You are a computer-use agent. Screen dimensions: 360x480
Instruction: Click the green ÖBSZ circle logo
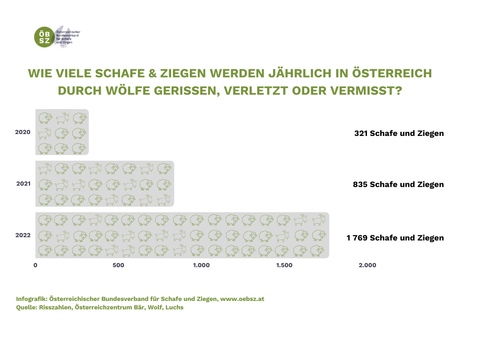click(x=45, y=37)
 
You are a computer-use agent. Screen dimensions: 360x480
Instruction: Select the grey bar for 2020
click(x=62, y=132)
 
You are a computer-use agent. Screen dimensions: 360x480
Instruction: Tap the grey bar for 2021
click(x=105, y=184)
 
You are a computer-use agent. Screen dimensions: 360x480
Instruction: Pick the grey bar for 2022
click(x=182, y=235)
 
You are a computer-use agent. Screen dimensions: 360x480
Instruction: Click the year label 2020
click(x=23, y=132)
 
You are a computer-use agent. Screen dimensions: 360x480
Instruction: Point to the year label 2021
click(x=23, y=184)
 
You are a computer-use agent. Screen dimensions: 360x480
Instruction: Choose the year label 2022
click(x=23, y=235)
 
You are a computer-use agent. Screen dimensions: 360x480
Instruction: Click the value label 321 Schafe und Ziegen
click(x=399, y=133)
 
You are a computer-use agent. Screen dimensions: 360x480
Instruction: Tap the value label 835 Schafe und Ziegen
click(x=398, y=184)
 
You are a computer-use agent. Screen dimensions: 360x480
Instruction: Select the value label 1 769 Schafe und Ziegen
click(x=395, y=238)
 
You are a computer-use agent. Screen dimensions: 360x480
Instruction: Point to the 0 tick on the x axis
click(x=36, y=265)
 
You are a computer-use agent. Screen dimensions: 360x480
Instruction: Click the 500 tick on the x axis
click(x=118, y=265)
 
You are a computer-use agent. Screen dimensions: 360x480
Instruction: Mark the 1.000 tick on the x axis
click(x=201, y=265)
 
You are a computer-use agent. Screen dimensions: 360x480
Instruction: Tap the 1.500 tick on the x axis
click(x=284, y=265)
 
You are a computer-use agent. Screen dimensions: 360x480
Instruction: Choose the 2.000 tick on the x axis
click(x=367, y=265)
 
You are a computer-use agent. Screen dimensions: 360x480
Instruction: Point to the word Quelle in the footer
click(x=26, y=307)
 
